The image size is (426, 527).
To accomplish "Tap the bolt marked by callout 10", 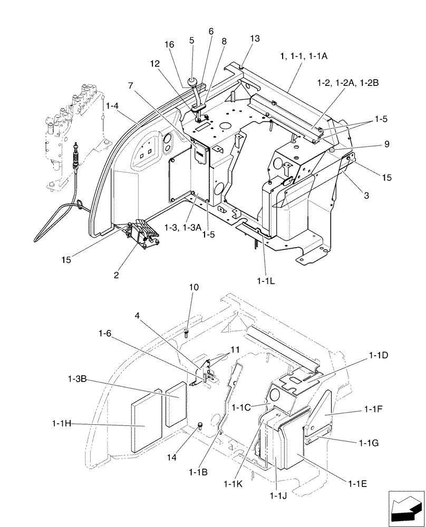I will click(188, 332).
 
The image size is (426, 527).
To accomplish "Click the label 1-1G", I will click(376, 443).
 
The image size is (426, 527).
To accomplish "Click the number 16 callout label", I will click(170, 46).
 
